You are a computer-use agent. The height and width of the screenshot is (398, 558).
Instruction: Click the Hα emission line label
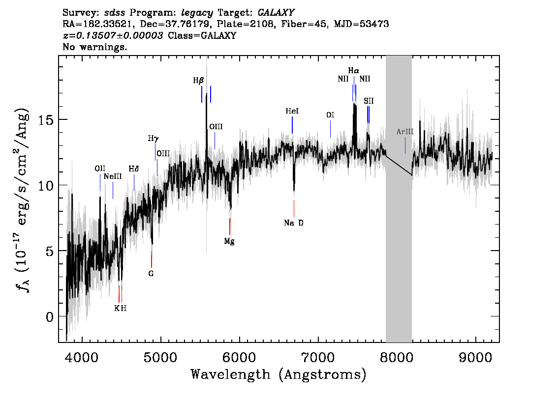coord(353,71)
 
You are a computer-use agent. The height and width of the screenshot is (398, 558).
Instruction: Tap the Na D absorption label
coord(294,223)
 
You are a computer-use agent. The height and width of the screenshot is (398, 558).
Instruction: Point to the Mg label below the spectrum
coord(229,242)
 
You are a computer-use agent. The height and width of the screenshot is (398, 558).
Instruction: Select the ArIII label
coord(405,132)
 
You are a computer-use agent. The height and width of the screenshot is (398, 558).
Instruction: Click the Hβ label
coord(198,81)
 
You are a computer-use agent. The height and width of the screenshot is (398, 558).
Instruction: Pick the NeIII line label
coord(113,176)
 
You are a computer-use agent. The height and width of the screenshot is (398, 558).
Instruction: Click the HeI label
coord(292,111)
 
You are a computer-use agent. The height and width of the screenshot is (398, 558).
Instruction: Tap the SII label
coord(369,101)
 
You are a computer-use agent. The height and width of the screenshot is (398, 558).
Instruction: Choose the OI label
coord(330,115)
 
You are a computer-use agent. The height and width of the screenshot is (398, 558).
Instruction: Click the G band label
coord(151,274)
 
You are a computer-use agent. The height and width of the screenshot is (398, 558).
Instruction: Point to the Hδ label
coord(133,169)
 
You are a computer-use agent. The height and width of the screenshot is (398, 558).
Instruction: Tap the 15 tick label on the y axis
coord(46,120)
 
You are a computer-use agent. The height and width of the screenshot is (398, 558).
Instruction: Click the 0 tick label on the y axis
coord(50,316)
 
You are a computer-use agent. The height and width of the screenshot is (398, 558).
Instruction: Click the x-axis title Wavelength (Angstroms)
coord(279,375)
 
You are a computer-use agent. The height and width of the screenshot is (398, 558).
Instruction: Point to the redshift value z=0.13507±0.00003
coord(113,35)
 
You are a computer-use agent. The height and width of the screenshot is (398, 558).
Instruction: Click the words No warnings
coord(94,47)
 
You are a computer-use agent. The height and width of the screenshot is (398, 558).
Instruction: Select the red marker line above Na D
coord(294,208)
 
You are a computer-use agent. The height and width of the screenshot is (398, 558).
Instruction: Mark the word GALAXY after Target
coord(276,13)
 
